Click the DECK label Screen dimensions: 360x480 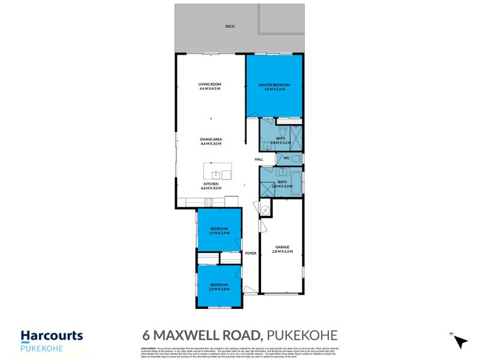click(229, 26)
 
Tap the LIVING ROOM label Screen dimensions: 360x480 click(210, 86)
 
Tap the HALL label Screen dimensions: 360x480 click(259, 159)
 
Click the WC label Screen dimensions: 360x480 click(287, 158)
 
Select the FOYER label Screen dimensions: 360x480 click(251, 253)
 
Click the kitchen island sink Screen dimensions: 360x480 click(227, 175)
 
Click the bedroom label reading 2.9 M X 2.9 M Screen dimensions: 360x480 click(219, 230)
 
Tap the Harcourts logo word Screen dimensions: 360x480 click(52, 336)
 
